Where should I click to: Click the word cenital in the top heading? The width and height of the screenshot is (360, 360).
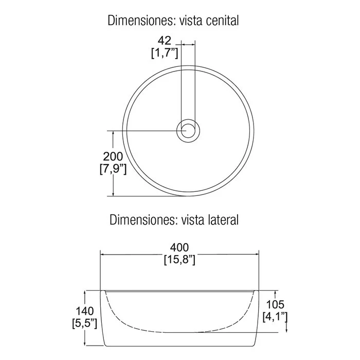pos(222,21)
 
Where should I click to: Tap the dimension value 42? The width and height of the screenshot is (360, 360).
pos(165,41)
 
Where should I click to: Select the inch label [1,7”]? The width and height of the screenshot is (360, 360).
pos(165,53)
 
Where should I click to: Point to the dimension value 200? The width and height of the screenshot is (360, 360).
pos(113,156)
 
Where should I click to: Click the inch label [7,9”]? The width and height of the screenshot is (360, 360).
pos(113,169)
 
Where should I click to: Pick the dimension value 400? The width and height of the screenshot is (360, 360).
pos(179,247)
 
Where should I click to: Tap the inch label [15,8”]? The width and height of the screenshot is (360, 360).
pos(179,260)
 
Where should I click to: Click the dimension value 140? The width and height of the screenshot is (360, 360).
pos(85,311)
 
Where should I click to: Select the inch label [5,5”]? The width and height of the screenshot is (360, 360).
pos(84,323)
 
